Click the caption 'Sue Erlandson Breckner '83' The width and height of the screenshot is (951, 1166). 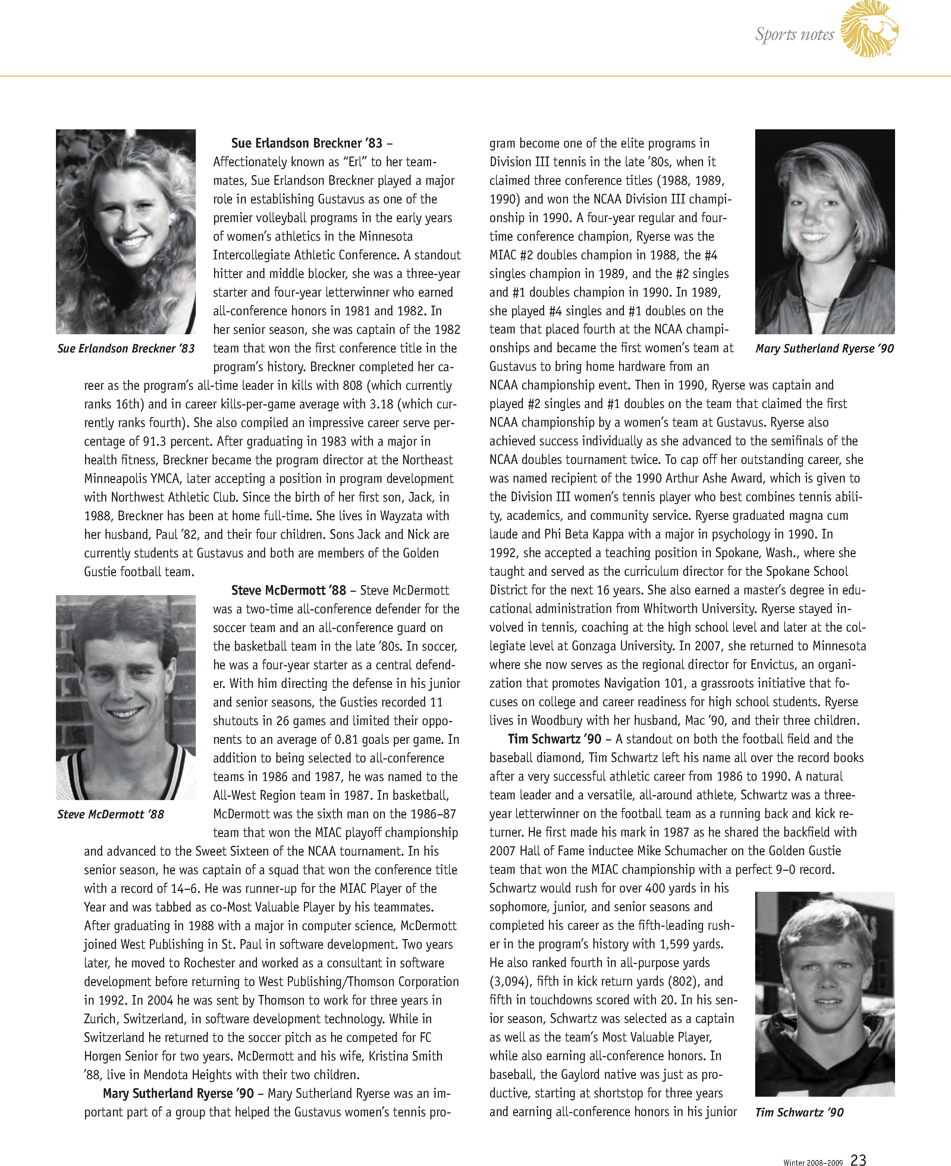pyautogui.click(x=126, y=349)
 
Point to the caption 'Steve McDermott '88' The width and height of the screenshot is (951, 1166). pyautogui.click(x=111, y=814)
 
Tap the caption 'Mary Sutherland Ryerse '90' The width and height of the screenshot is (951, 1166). pyautogui.click(x=825, y=349)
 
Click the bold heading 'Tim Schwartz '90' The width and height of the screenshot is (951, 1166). pyautogui.click(x=555, y=739)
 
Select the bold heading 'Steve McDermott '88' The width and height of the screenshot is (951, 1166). pyautogui.click(x=289, y=590)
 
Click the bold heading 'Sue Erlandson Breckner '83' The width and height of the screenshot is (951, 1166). pyautogui.click(x=307, y=143)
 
